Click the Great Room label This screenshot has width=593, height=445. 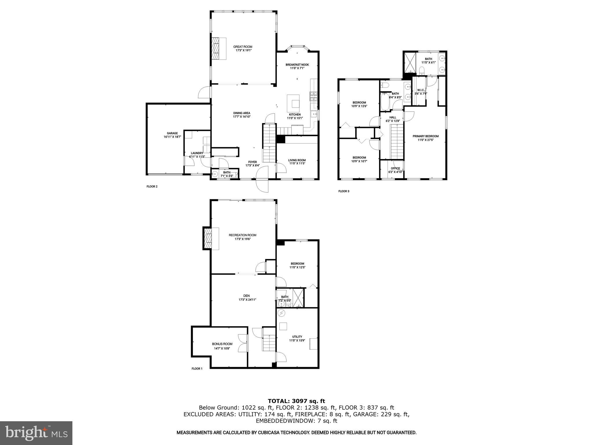coord(243,47)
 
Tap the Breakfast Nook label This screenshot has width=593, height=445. coord(297,65)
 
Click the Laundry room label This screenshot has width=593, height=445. coord(197,153)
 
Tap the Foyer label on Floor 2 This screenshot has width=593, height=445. coord(252,162)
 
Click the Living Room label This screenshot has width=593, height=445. coord(297,160)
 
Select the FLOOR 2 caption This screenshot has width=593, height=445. coord(152,187)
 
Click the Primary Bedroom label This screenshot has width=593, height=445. coord(425,136)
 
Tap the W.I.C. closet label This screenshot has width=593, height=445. coord(421,90)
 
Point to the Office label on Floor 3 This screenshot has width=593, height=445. coord(395,168)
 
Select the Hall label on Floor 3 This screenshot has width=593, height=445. coord(393,117)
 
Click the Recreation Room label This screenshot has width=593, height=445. coord(242,235)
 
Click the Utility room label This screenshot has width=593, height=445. coord(297,337)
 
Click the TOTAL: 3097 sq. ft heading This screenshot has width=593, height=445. coord(296,401)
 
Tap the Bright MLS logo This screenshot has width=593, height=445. coord(36,433)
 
